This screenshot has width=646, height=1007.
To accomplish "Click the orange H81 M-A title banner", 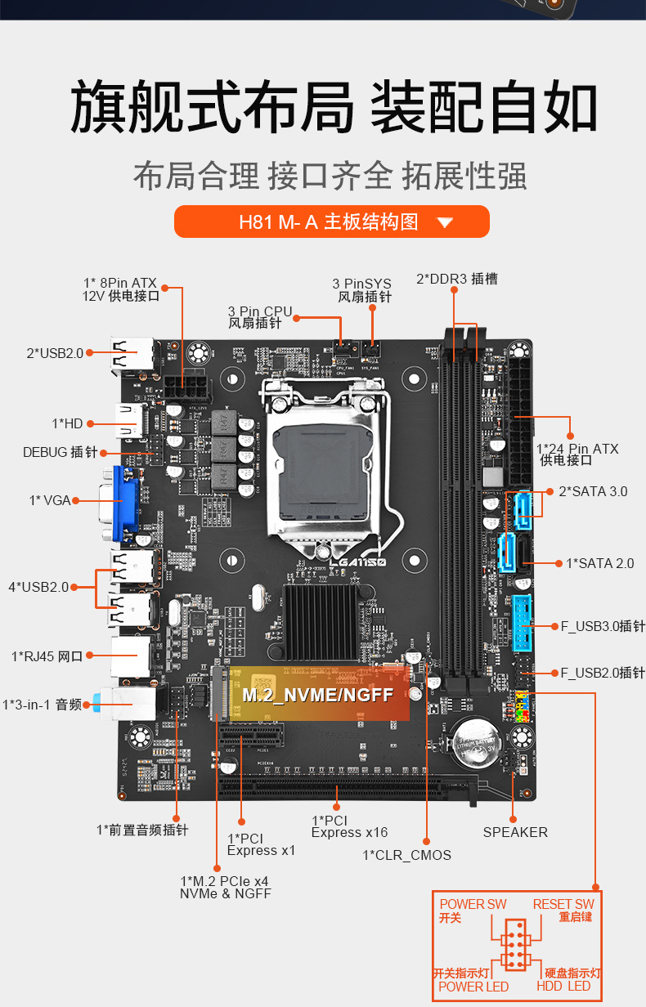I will [331, 222].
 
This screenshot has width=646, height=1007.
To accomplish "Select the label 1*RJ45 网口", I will [47, 656].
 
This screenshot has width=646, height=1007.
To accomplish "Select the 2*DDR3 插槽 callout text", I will [456, 279].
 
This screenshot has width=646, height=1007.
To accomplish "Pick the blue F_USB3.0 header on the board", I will [523, 624].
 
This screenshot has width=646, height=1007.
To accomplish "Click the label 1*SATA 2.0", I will [599, 563].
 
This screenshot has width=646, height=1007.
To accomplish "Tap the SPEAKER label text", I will [515, 832].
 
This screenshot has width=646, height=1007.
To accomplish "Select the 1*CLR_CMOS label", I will [406, 855].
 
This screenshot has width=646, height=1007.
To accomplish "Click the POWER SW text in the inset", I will [473, 904].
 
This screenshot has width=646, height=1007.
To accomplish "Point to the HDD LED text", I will [563, 987].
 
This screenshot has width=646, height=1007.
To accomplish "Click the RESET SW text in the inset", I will [563, 904].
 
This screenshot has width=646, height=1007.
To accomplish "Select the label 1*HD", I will [67, 423].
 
